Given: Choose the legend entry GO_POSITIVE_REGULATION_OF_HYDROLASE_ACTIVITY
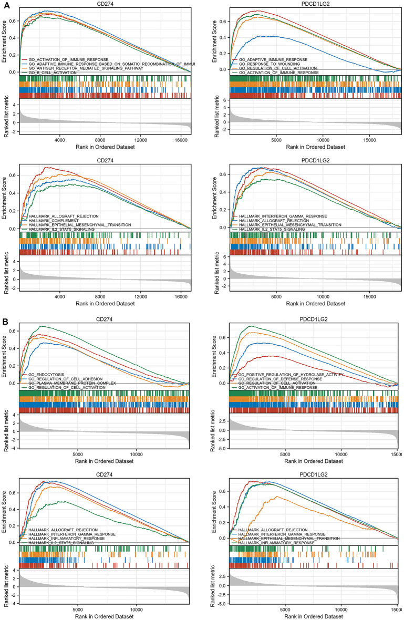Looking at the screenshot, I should [x=291, y=375].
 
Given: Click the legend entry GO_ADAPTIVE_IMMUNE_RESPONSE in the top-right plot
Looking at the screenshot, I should [x=273, y=60].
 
